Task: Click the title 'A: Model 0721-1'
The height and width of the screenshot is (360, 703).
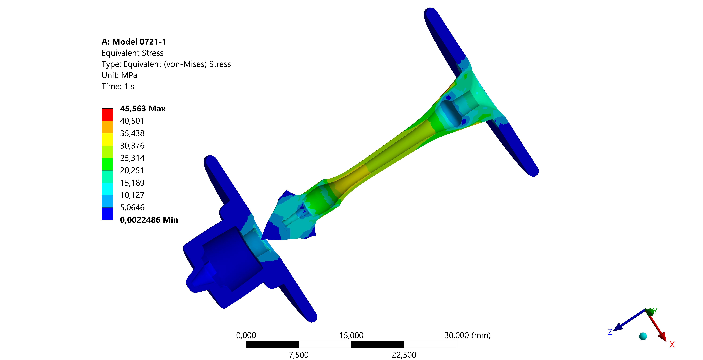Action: click(134, 42)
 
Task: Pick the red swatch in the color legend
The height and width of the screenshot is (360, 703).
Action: click(107, 115)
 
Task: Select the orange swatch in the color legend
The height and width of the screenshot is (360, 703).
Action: click(107, 127)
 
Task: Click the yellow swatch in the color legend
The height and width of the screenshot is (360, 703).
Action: click(107, 140)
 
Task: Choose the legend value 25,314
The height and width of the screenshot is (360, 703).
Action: click(132, 158)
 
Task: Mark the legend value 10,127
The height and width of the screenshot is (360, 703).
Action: click(132, 195)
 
